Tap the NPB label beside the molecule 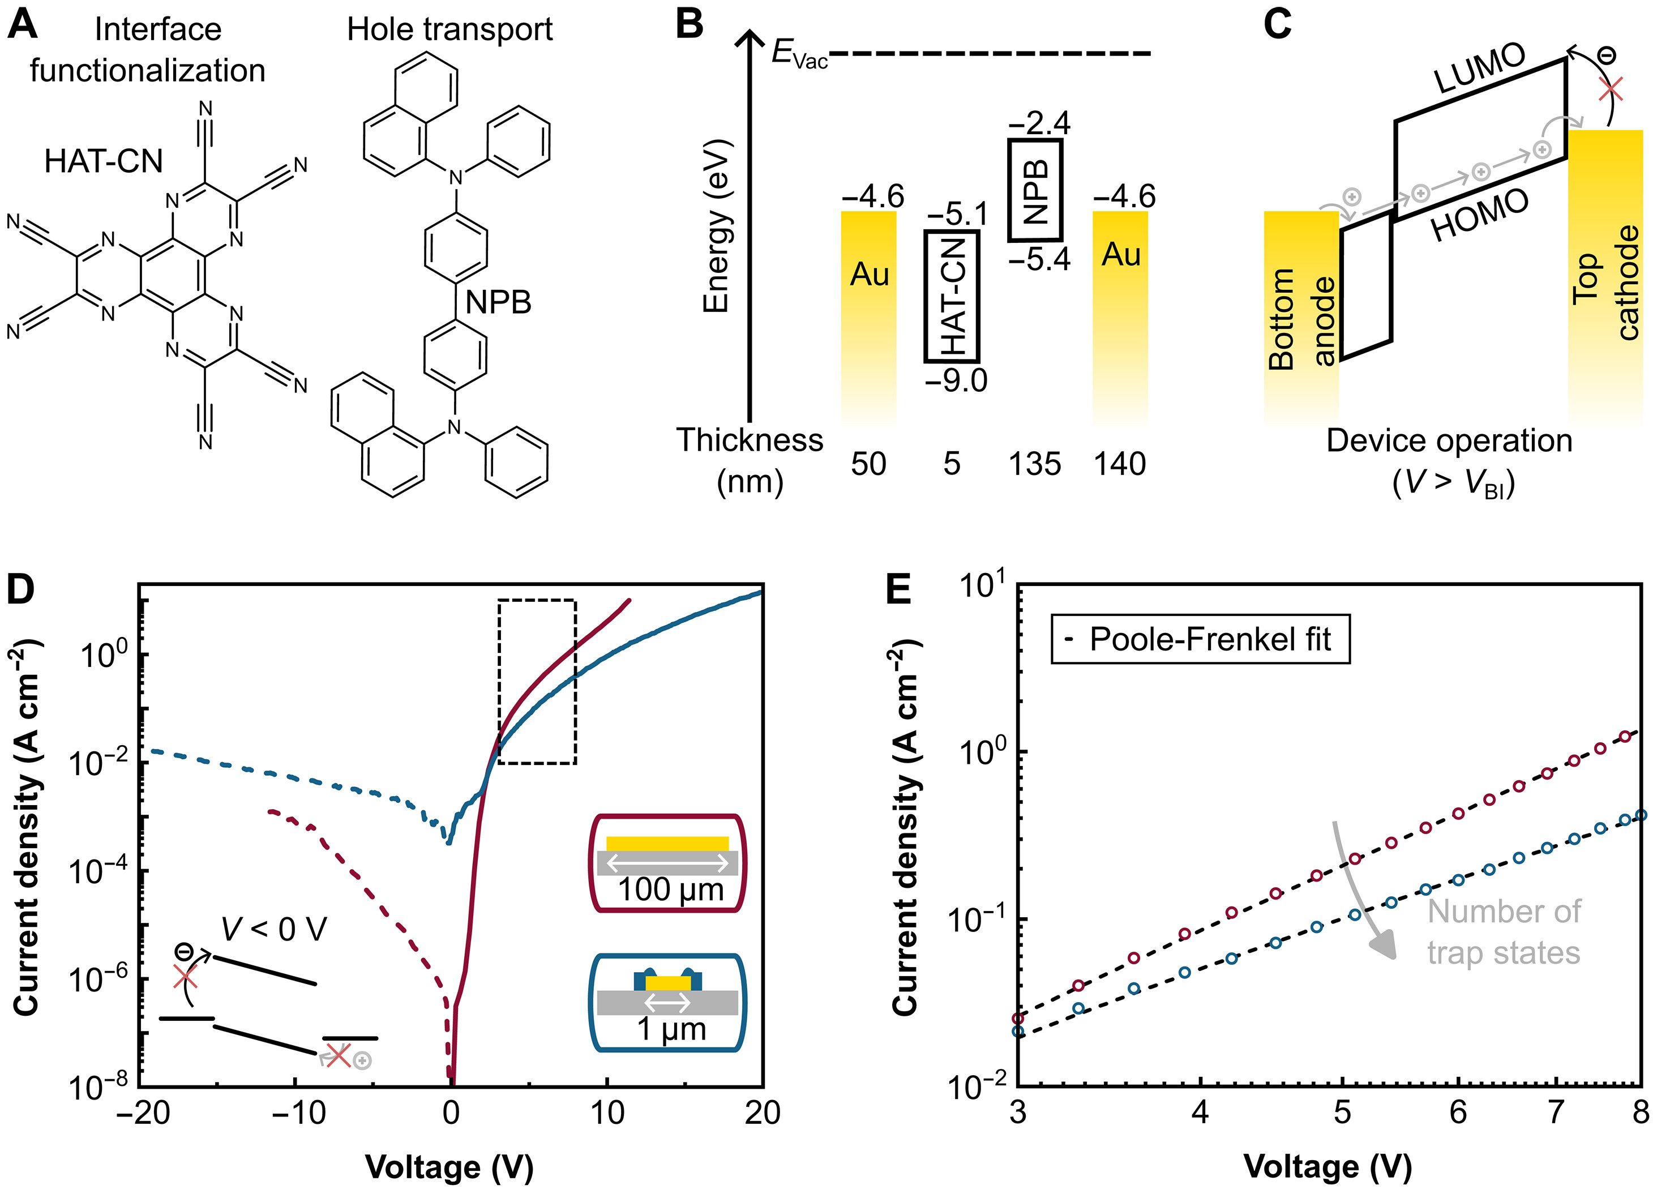(x=499, y=302)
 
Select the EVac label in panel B (x=799, y=54)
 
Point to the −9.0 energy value (x=956, y=380)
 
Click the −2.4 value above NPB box (x=1039, y=122)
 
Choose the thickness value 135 (x=1034, y=464)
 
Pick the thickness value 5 (x=951, y=464)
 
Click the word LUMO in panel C (x=1480, y=69)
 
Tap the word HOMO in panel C (x=1480, y=216)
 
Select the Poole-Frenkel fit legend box (x=1200, y=639)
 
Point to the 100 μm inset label (x=670, y=890)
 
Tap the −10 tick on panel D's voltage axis (x=299, y=1113)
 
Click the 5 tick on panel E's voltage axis (x=1342, y=1113)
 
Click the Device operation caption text (x=1449, y=441)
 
